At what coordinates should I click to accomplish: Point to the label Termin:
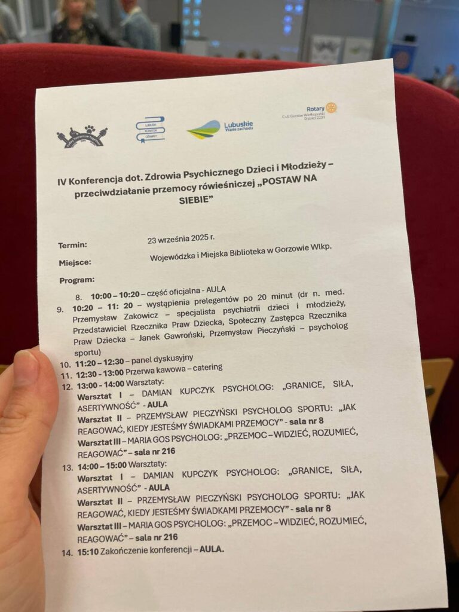[x=72, y=245]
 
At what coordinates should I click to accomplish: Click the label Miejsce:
[x=75, y=262]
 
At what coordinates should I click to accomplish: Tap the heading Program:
[x=76, y=280]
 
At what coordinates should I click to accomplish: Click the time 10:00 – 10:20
[x=115, y=296]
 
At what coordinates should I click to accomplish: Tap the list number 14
[x=67, y=553]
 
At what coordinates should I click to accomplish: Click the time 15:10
[x=88, y=552]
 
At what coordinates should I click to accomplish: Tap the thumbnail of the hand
[x=24, y=478]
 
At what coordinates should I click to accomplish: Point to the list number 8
[x=78, y=296]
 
